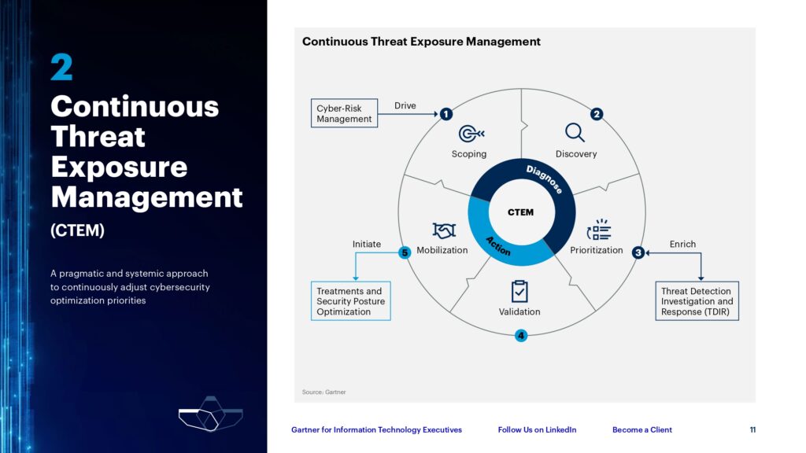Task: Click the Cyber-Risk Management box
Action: [344, 113]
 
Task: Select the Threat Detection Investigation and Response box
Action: [697, 301]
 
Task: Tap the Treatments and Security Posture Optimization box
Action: [350, 301]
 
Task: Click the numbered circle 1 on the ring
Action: [446, 114]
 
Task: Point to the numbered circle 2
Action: [597, 114]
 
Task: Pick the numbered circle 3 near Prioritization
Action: [638, 252]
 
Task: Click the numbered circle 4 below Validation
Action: [521, 336]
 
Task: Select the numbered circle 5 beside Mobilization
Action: [405, 252]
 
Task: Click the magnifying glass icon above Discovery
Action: [575, 132]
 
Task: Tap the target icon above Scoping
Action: [471, 134]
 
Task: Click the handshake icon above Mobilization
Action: [444, 230]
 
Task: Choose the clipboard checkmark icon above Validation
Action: [519, 291]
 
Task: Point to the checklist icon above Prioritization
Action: [599, 230]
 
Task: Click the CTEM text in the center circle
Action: [521, 212]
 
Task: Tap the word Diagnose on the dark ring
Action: [545, 179]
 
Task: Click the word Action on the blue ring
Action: [498, 246]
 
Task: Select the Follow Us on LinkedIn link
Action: [537, 430]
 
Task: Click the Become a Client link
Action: [642, 430]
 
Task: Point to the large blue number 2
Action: [61, 68]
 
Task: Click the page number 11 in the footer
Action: [752, 430]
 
